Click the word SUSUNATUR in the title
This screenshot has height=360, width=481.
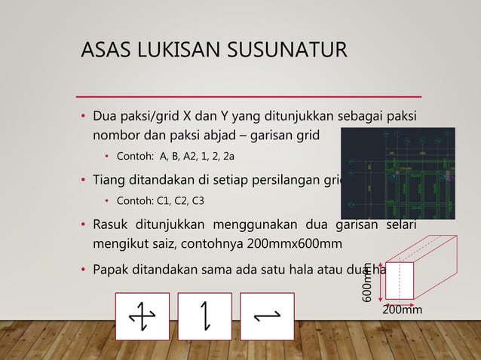(283, 51)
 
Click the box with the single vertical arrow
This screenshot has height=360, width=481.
(205, 314)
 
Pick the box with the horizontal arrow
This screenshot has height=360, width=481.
(267, 314)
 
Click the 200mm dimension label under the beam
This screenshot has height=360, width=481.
(401, 310)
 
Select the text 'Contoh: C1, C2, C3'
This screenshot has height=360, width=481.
(158, 201)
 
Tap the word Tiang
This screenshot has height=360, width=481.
(109, 181)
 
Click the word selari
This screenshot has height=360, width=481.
(403, 226)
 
